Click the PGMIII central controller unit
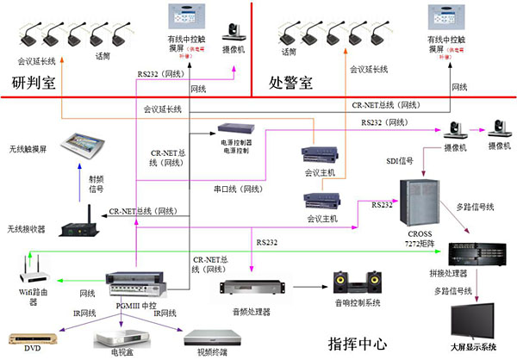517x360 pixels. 135,280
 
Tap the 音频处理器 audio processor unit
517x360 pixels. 246,288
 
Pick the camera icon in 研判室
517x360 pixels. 234,36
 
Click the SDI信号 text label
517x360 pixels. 401,162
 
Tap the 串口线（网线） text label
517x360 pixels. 238,189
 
